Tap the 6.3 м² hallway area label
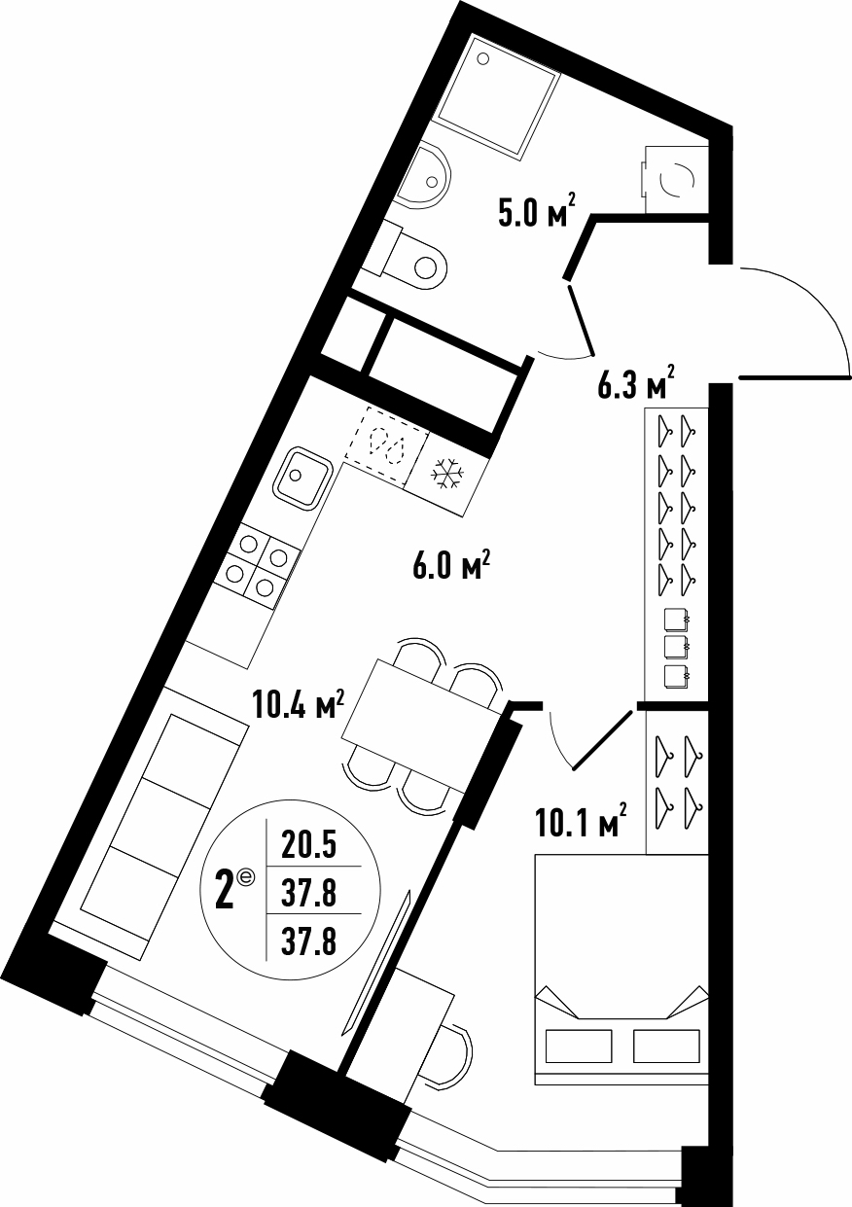coord(636,382)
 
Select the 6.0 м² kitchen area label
coord(451,566)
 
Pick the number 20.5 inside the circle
coord(309,845)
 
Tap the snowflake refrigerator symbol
coord(446,475)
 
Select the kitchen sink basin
coord(302,478)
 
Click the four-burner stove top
coord(257,566)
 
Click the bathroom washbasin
coord(423,176)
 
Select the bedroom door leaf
coord(602,740)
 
